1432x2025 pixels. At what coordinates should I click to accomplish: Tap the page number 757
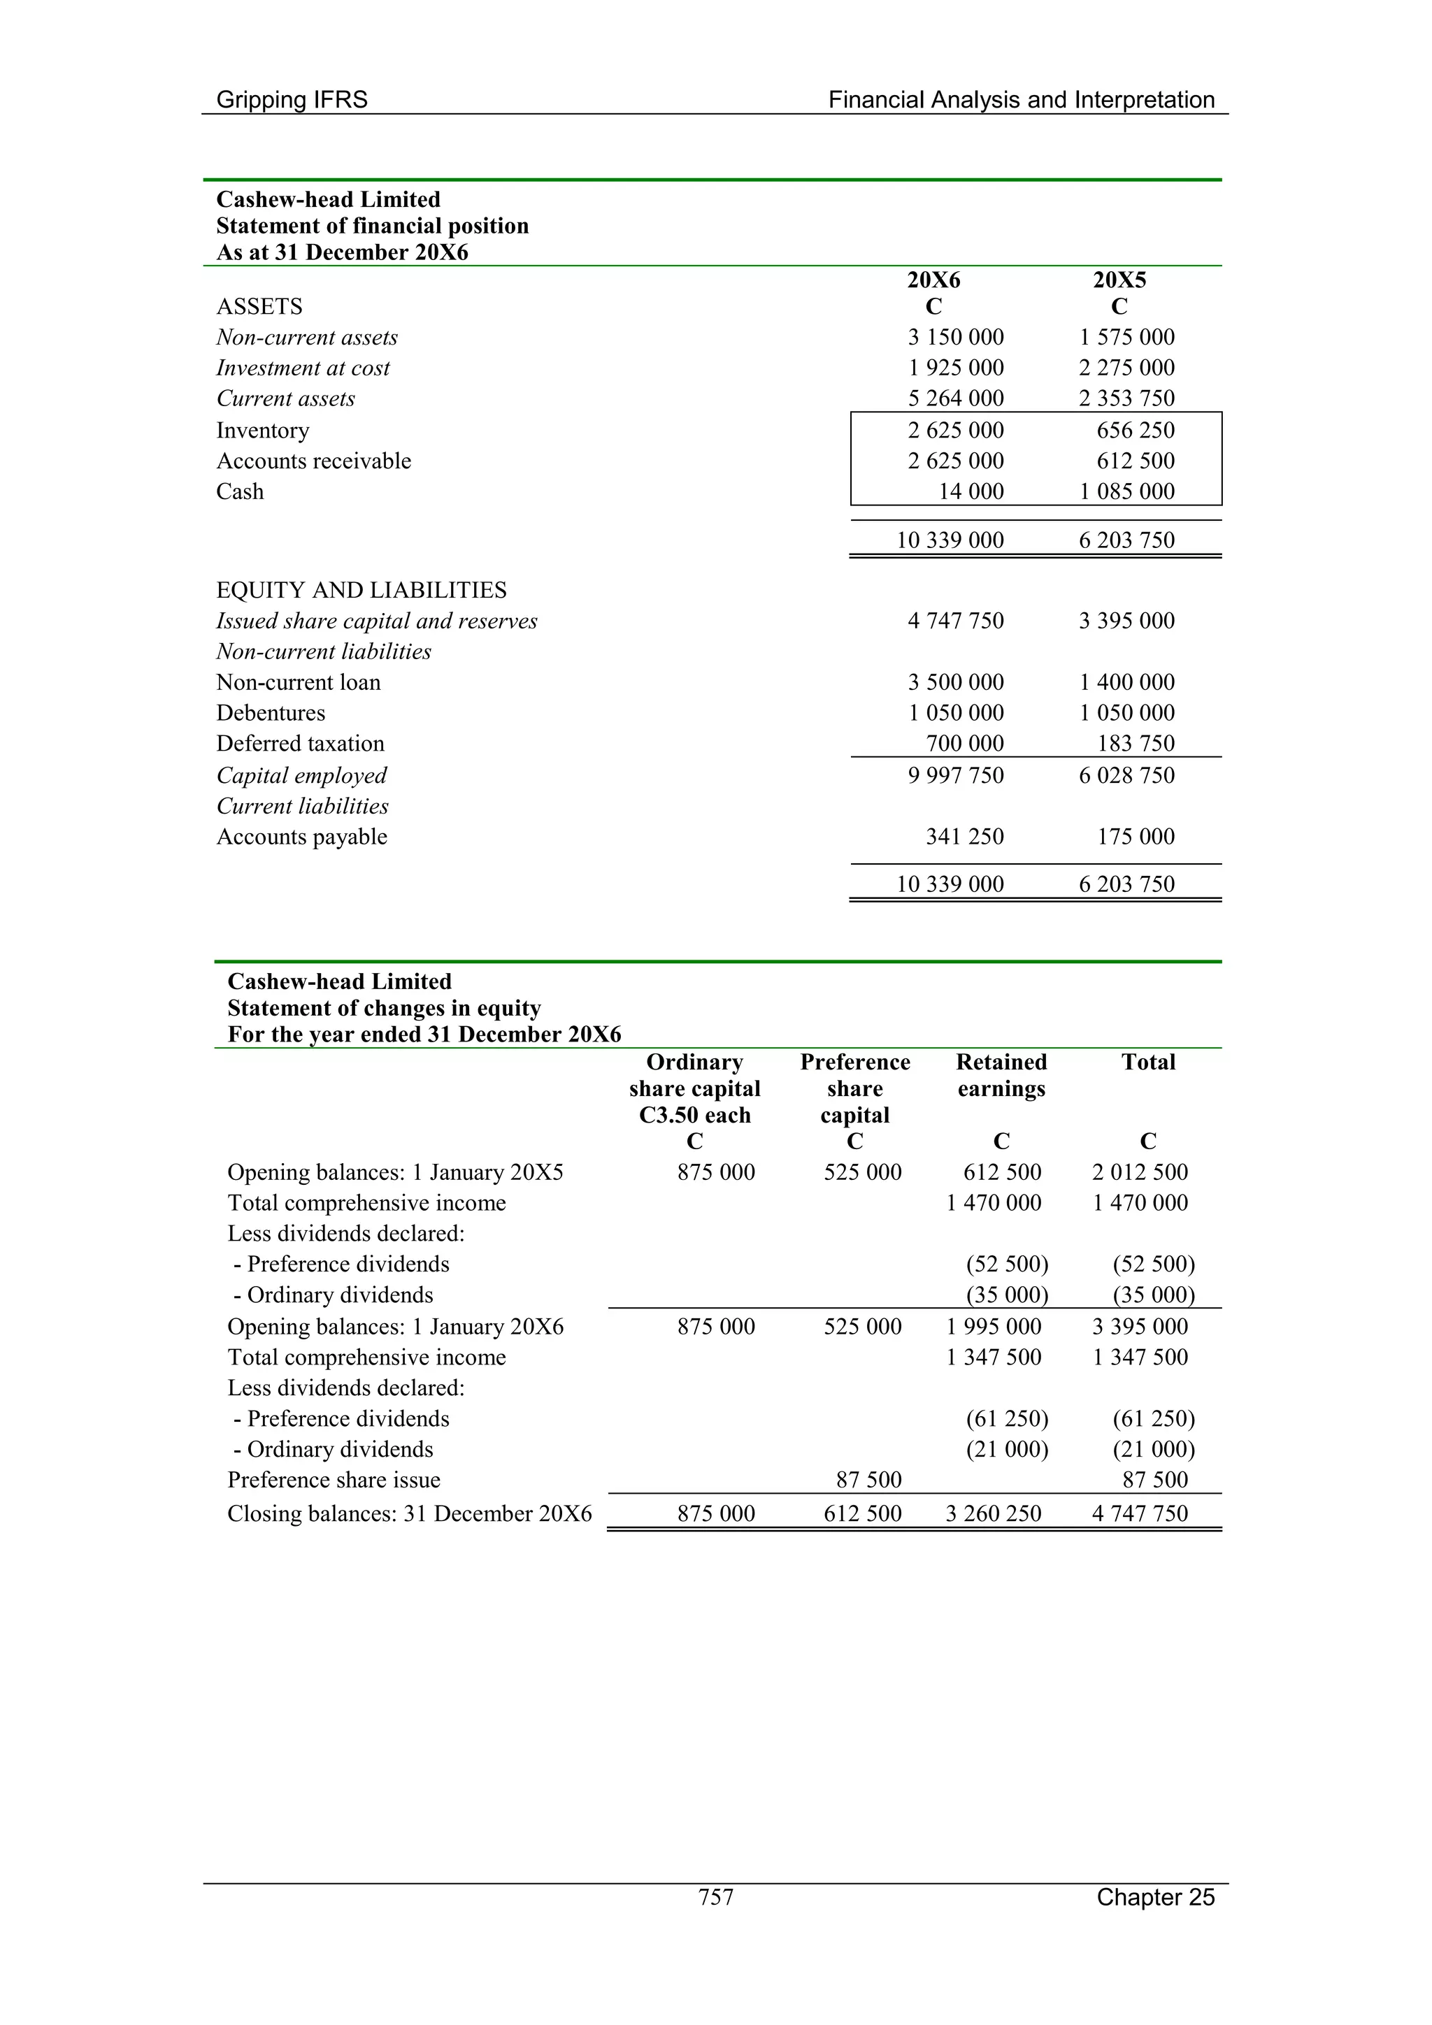[715, 1896]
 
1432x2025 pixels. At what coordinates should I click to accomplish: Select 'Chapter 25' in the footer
[1155, 1896]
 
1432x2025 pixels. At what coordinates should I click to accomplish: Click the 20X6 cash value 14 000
[971, 491]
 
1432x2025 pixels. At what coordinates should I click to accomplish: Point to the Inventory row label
[263, 431]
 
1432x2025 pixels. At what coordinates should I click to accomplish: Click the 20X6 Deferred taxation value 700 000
[964, 744]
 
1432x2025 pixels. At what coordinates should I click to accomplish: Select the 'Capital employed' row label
[302, 775]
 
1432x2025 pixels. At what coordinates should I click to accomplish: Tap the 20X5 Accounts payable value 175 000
[1136, 836]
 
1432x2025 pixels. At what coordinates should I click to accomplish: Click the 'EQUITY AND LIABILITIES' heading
[361, 590]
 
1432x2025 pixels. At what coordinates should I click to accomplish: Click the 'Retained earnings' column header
[1001, 1075]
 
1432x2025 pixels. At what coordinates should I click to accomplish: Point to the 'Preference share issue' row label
[334, 1480]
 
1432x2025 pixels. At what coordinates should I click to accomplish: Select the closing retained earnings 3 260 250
[994, 1513]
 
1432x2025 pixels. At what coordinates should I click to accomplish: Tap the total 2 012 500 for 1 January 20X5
[1140, 1172]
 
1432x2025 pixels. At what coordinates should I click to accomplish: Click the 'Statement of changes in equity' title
[384, 1008]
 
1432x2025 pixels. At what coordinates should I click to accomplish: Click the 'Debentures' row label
[271, 713]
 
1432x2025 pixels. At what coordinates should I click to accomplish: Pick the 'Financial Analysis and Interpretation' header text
[1021, 100]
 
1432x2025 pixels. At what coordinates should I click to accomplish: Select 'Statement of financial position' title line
[373, 226]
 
